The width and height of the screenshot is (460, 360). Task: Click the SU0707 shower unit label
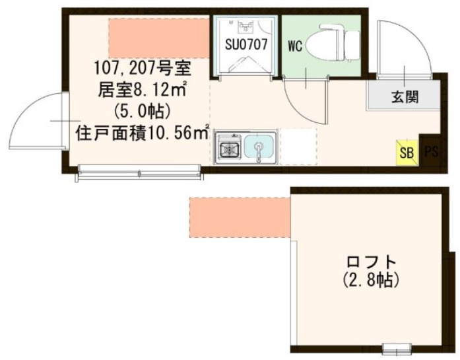(x=246, y=44)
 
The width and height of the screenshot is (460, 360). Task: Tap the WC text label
(x=295, y=46)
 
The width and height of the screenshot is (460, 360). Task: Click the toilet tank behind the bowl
(x=352, y=45)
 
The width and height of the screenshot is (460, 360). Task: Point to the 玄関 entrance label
(x=405, y=96)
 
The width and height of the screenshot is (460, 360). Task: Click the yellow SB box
(x=407, y=152)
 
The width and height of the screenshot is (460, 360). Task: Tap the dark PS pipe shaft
(x=431, y=151)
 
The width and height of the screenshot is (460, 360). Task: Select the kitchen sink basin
(x=259, y=148)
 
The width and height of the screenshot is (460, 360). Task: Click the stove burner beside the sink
(x=228, y=148)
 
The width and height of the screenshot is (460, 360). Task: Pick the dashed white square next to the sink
(x=299, y=146)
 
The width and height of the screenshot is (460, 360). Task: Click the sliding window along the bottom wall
(x=140, y=172)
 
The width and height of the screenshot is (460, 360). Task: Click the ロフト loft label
(x=372, y=262)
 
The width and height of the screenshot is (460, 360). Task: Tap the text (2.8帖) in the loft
(x=371, y=280)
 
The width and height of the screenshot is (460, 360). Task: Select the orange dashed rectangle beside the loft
(x=240, y=217)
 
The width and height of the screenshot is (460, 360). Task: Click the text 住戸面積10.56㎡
(x=143, y=133)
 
